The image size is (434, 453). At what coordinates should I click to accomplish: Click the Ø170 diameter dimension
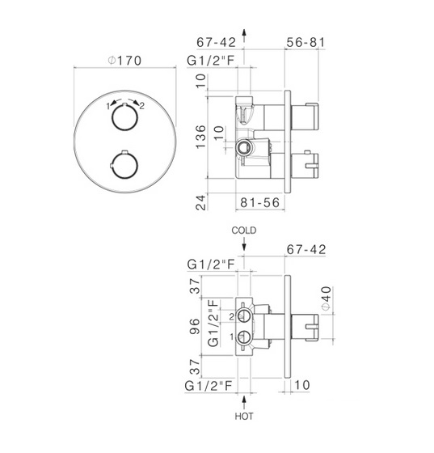click(124, 61)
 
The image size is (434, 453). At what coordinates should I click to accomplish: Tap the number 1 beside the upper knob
click(108, 106)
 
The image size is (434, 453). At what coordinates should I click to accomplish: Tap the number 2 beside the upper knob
click(141, 106)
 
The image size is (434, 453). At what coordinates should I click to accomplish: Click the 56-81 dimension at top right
click(305, 42)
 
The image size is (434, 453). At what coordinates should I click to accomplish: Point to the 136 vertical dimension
click(201, 137)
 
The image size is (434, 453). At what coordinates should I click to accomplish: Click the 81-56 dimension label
click(260, 202)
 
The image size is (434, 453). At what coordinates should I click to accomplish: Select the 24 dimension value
click(201, 202)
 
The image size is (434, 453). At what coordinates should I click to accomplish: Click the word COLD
click(244, 231)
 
